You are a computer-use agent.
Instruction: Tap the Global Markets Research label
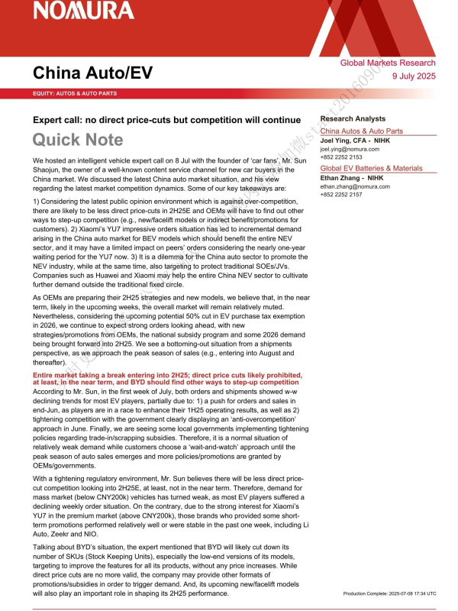click(388, 63)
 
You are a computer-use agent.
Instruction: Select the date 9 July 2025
click(413, 76)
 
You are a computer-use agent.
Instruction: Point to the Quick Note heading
click(77, 139)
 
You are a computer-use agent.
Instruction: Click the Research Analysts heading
click(353, 119)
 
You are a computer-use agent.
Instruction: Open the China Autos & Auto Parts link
click(361, 131)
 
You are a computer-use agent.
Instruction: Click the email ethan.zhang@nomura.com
click(355, 186)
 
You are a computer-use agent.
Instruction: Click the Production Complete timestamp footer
click(389, 593)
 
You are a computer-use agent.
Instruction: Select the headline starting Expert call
click(166, 120)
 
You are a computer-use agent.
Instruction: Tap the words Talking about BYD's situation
click(84, 548)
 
